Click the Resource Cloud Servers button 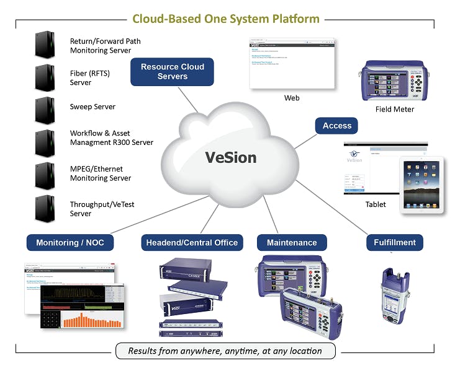(x=172, y=72)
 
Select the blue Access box (x=337, y=126)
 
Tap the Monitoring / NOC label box (x=70, y=242)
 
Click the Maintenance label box (x=291, y=242)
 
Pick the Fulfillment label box (x=394, y=242)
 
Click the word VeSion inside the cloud (x=230, y=157)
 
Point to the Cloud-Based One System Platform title (x=227, y=19)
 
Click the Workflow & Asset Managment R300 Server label (x=111, y=137)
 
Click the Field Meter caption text (x=394, y=109)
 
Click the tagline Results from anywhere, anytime (x=225, y=351)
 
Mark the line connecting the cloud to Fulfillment (x=335, y=202)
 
